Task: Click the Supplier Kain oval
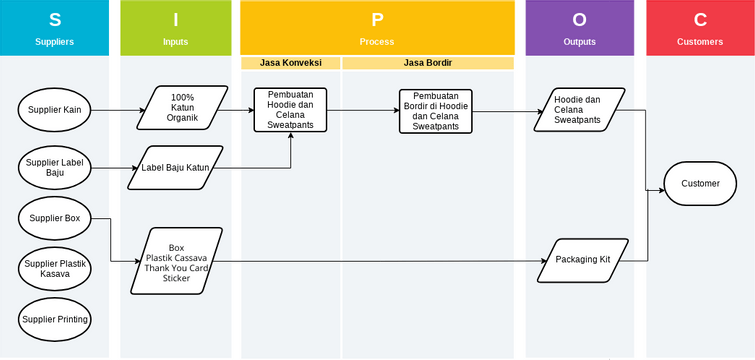(54, 110)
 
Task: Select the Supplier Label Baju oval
(54, 167)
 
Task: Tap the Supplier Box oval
(54, 217)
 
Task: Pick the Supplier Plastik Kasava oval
(54, 268)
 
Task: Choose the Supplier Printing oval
(54, 320)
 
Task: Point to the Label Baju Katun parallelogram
(175, 167)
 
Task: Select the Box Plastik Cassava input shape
(176, 263)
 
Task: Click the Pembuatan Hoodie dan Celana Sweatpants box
(290, 110)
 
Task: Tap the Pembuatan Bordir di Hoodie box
(435, 111)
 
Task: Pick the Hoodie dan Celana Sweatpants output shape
(577, 110)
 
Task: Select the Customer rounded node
(700, 184)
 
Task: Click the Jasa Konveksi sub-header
(290, 63)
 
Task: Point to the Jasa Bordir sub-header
(428, 63)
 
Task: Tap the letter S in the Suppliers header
(54, 20)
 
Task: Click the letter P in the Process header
(376, 20)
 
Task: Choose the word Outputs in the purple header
(579, 42)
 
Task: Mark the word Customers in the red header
(700, 42)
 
